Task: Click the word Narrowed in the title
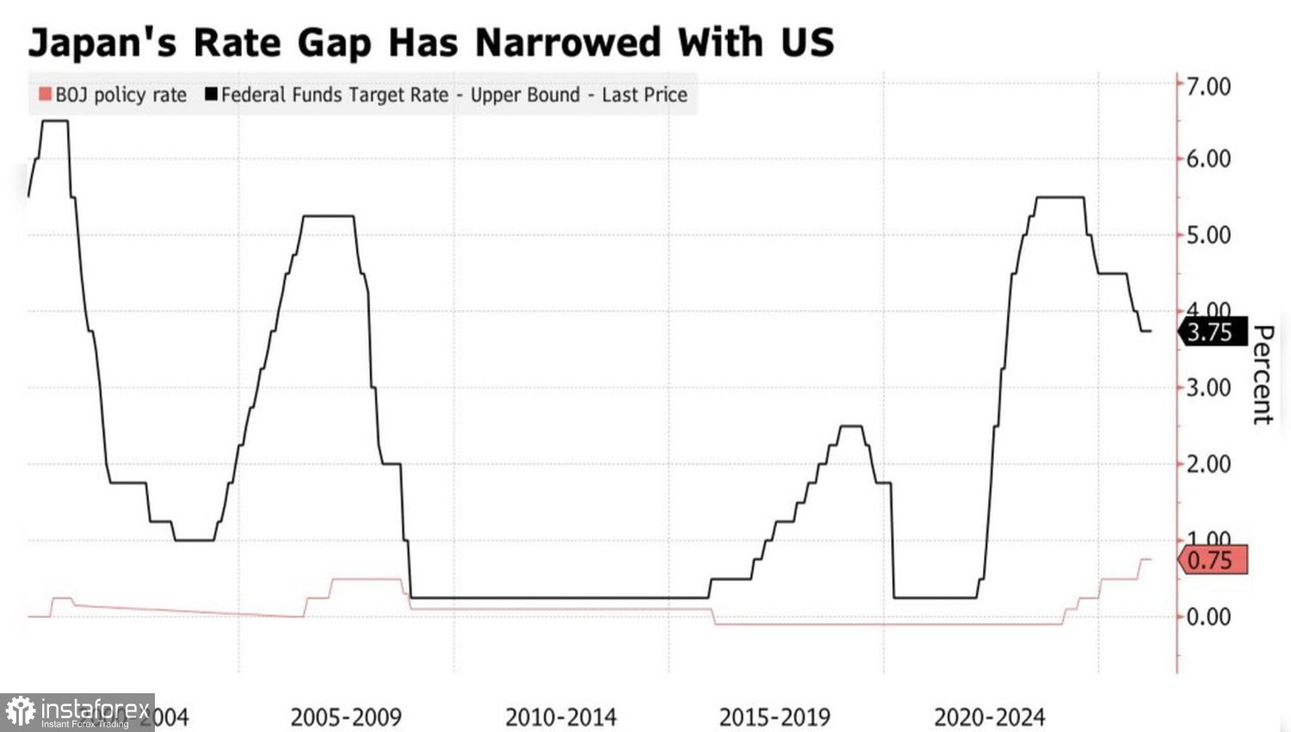point(567,41)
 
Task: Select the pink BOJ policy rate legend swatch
point(45,94)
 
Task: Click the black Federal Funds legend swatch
point(211,94)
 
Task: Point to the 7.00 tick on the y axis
point(1208,86)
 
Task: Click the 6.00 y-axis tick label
point(1208,158)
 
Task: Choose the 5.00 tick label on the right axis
point(1208,234)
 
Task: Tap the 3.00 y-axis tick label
point(1208,388)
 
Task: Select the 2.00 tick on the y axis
point(1208,463)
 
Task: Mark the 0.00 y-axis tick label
point(1208,617)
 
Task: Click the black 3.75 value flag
point(1212,332)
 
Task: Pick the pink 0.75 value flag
point(1212,561)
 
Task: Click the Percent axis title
point(1262,375)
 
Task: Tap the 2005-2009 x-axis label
point(346,717)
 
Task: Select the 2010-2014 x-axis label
point(560,717)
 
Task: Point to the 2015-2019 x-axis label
point(775,717)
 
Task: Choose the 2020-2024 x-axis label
point(989,717)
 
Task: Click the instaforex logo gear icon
point(20,711)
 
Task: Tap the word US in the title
point(807,41)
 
